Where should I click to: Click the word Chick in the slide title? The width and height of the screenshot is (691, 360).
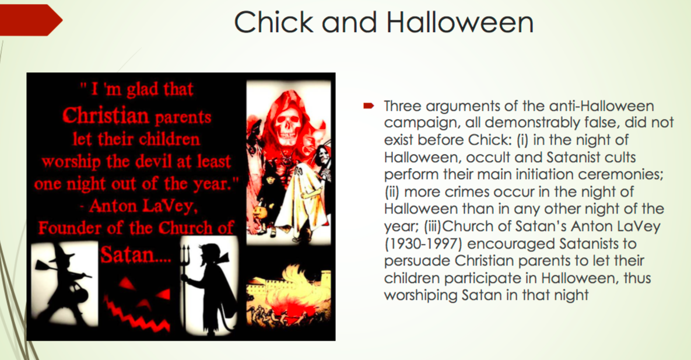(x=273, y=22)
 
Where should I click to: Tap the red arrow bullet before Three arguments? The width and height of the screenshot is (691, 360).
(x=369, y=106)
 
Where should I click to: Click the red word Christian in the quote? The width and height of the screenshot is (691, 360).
(x=106, y=116)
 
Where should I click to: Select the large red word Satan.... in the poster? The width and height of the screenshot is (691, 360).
(x=136, y=254)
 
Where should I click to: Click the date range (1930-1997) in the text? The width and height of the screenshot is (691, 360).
(x=422, y=243)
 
